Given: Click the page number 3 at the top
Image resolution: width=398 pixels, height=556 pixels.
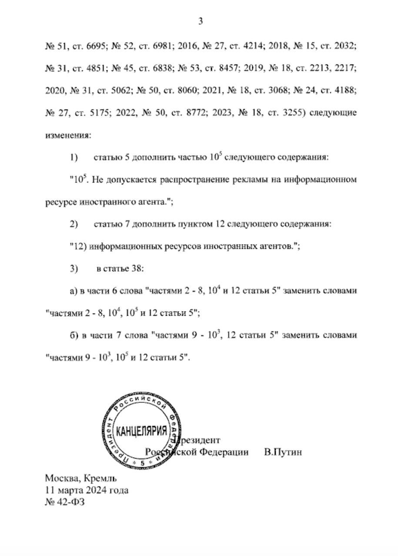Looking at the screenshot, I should (x=201, y=21).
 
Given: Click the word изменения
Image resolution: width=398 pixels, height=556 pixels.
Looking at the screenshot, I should (x=68, y=136).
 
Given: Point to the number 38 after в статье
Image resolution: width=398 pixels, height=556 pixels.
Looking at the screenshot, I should (x=137, y=269).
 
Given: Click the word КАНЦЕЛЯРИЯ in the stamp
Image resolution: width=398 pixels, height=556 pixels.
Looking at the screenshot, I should (x=142, y=431).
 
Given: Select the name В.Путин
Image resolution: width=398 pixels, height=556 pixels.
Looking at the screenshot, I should (x=283, y=452).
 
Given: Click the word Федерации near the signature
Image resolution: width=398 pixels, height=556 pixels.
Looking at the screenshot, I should (x=224, y=452).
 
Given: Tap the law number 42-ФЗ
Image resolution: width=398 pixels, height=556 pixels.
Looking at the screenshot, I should (x=67, y=503).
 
